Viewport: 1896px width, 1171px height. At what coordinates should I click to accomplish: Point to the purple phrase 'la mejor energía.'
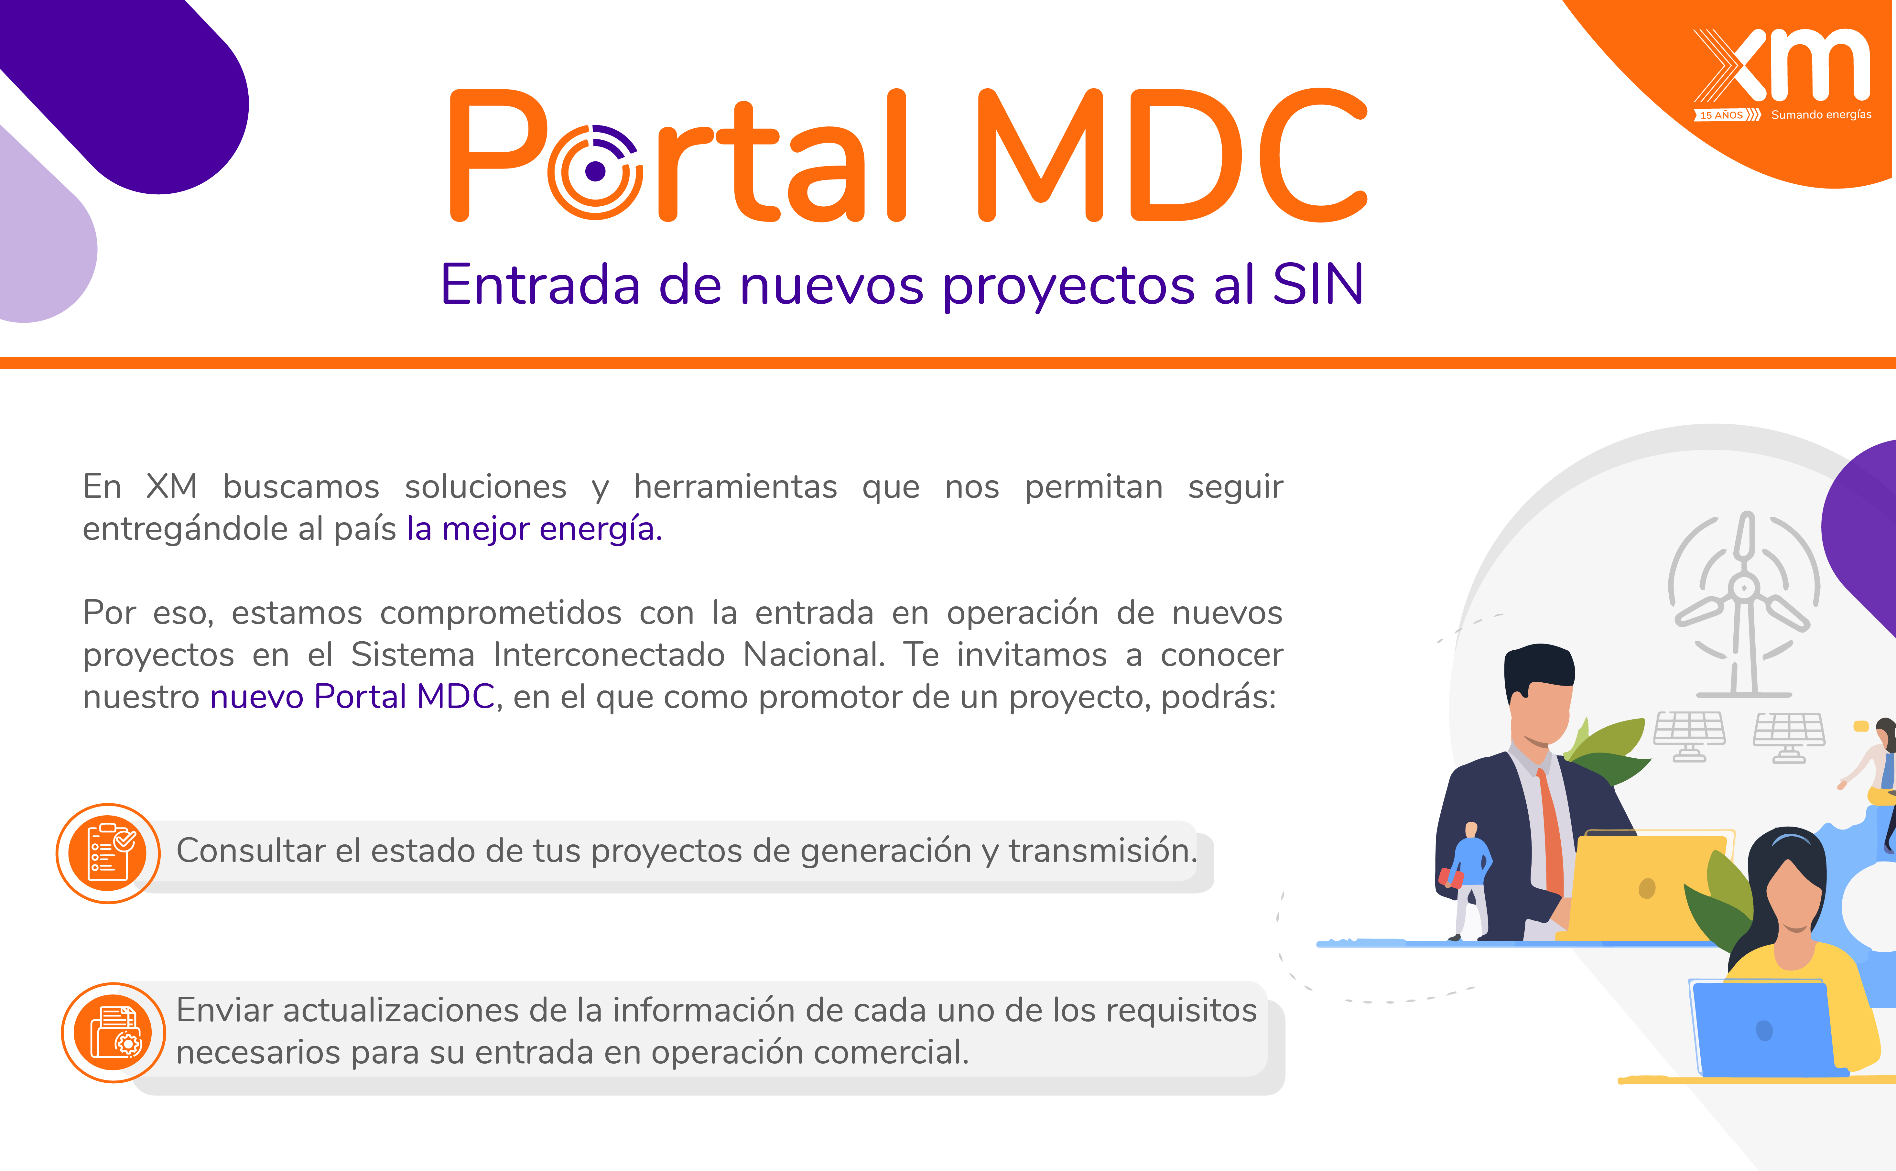[535, 529]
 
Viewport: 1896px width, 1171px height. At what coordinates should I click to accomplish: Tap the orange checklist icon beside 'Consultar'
[108, 853]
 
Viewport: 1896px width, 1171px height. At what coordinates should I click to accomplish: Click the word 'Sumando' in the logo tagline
[1797, 114]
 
